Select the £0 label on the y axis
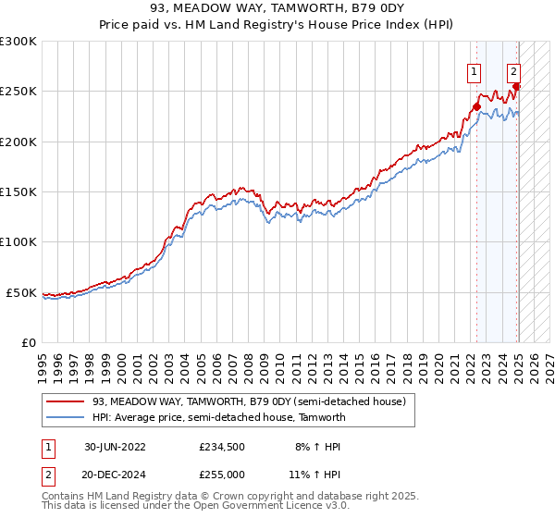coord(29,342)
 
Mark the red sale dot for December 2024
coord(516,87)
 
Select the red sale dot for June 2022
coord(477,106)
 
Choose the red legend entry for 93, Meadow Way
coord(248,401)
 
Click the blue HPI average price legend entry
coord(218,417)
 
